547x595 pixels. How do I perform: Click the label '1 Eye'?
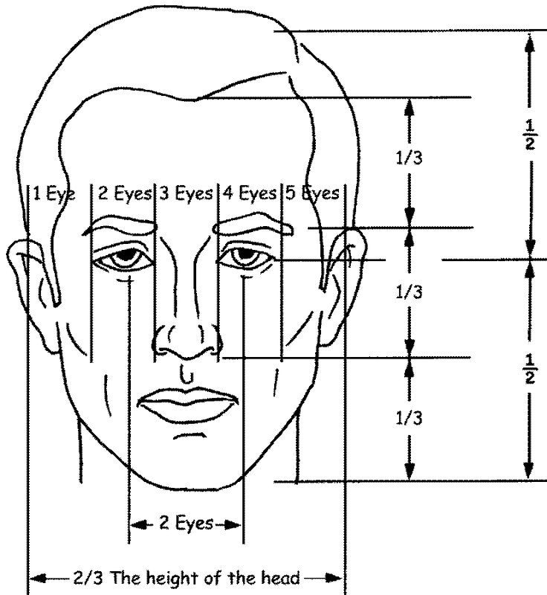click(54, 193)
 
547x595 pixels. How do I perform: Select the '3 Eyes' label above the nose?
click(186, 193)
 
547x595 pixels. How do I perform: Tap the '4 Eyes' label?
click(250, 193)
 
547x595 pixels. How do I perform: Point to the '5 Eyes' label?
click(312, 193)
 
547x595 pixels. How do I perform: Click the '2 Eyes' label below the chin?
click(186, 523)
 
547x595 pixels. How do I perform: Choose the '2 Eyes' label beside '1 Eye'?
click(125, 193)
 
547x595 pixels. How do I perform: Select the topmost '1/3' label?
click(409, 158)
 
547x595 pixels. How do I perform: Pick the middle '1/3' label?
click(409, 292)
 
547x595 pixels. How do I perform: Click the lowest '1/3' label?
click(409, 418)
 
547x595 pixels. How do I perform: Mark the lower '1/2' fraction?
click(530, 368)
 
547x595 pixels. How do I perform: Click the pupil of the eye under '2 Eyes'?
click(126, 254)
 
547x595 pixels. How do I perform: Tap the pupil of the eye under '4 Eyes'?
click(245, 253)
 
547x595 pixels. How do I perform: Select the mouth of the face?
click(187, 404)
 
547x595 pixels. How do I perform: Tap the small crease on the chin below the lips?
click(190, 435)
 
